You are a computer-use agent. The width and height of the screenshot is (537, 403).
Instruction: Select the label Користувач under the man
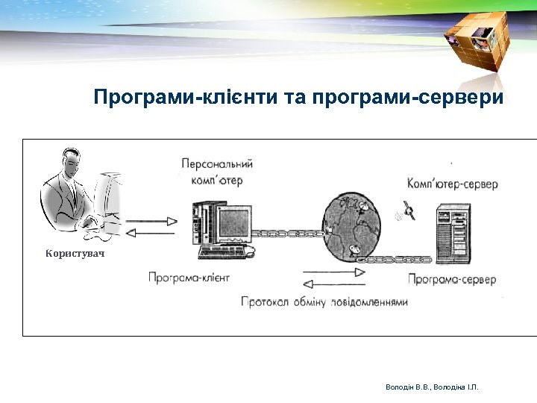click(75, 254)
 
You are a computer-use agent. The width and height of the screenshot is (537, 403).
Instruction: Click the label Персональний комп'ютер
click(217, 171)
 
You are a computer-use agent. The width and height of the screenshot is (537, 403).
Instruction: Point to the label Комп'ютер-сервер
click(453, 184)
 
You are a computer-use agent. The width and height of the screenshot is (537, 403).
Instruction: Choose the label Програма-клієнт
click(189, 278)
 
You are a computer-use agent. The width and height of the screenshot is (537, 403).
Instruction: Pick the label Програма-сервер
click(452, 279)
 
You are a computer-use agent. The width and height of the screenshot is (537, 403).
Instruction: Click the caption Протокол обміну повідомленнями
click(324, 302)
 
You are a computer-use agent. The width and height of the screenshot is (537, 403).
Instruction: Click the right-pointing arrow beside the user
click(152, 221)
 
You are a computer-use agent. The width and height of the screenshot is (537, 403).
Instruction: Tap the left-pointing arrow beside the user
click(152, 234)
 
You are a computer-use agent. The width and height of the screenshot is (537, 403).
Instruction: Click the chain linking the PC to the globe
click(287, 234)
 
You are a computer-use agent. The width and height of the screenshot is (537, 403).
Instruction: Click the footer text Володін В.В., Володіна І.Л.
click(432, 387)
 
